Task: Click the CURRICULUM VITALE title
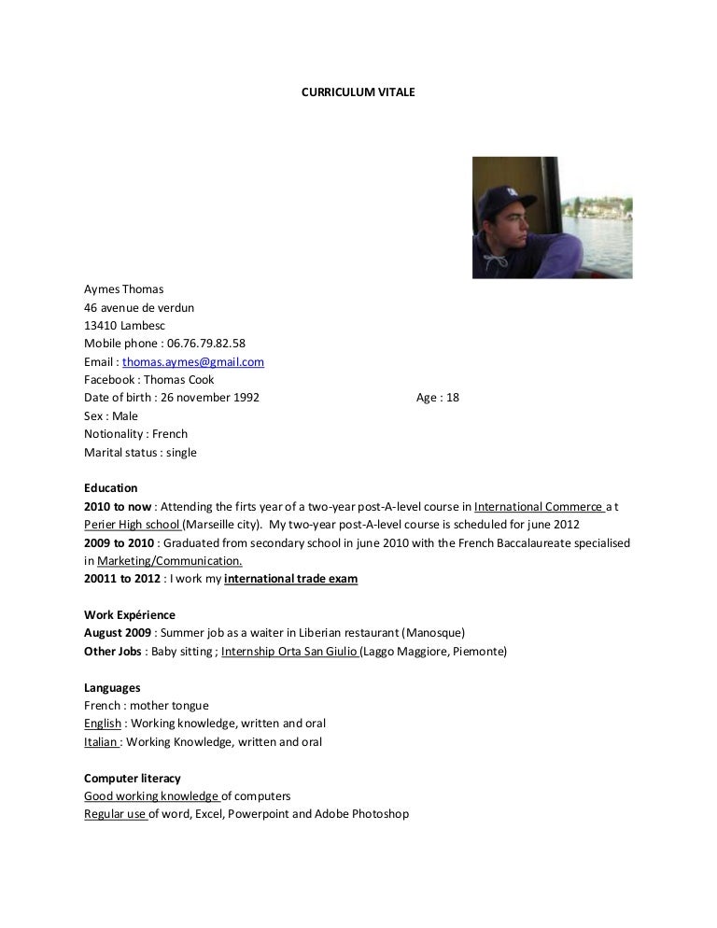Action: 358,93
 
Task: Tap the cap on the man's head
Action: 498,197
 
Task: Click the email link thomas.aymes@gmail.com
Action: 193,361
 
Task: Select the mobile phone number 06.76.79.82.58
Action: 206,344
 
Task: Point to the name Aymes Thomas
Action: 123,289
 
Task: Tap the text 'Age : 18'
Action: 438,398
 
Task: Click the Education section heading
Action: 110,488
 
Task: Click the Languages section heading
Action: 112,688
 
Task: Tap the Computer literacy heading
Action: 133,779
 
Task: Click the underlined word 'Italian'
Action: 101,742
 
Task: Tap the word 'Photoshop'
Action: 382,814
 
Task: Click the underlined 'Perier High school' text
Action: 132,525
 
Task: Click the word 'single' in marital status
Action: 181,453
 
